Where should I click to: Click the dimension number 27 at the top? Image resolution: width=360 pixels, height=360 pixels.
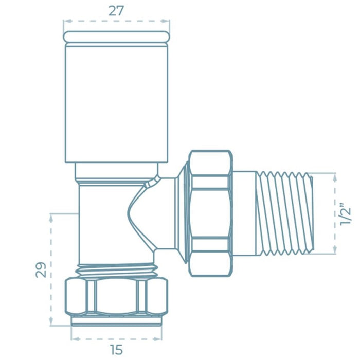pyautogui.click(x=117, y=10)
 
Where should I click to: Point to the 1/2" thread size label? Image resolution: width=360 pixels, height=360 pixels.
pyautogui.click(x=346, y=213)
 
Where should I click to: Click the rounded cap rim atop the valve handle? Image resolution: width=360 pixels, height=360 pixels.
pyautogui.click(x=116, y=37)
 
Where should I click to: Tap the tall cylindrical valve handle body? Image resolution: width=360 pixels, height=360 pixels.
pyautogui.click(x=116, y=103)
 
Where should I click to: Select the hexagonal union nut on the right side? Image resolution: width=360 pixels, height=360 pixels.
pyautogui.click(x=210, y=213)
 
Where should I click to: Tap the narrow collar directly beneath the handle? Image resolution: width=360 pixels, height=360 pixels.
pyautogui.click(x=116, y=170)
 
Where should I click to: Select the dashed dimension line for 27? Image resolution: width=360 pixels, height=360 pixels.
pyautogui.click(x=116, y=22)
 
